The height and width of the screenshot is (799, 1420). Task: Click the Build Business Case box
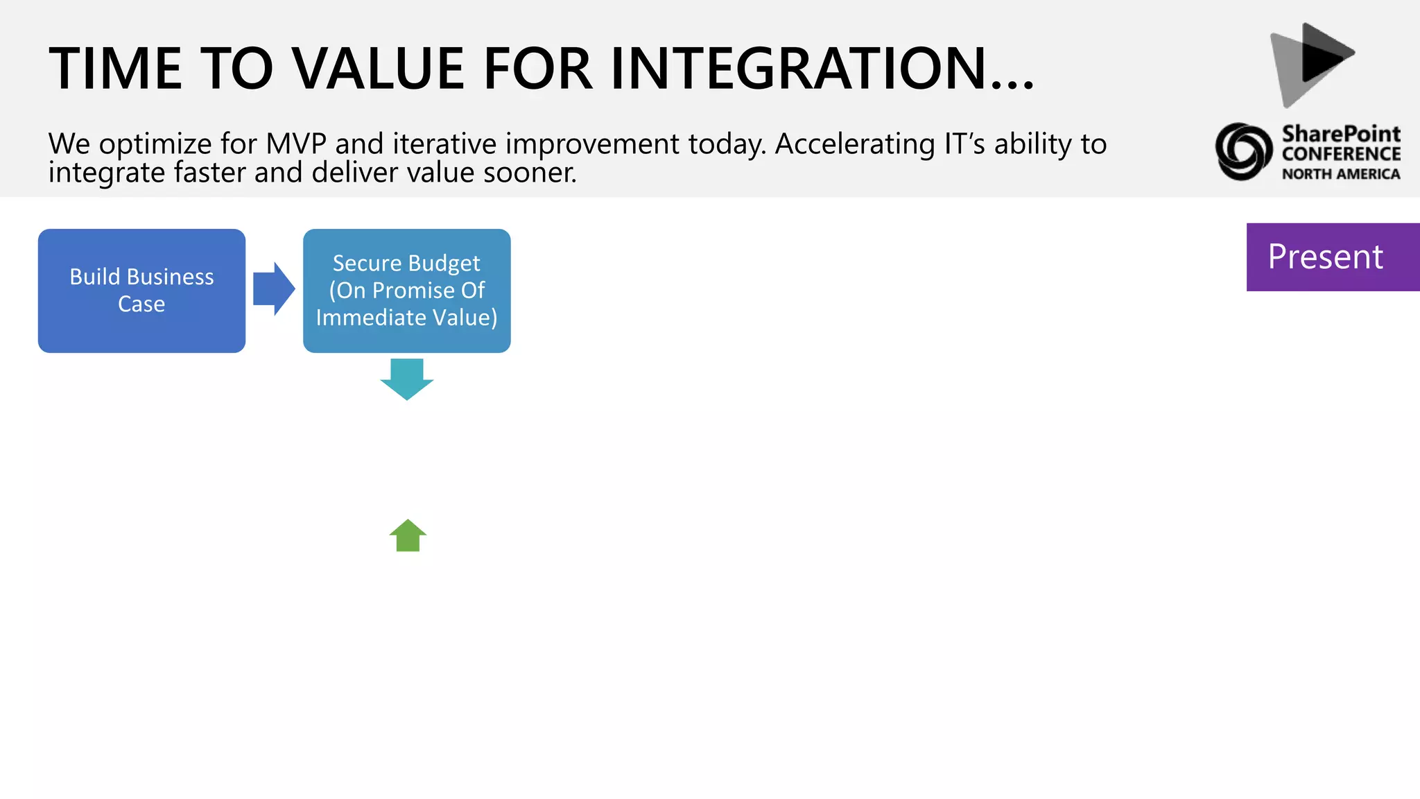(x=141, y=291)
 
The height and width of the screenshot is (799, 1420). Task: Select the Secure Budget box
(x=406, y=291)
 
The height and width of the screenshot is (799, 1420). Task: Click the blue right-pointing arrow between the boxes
(x=273, y=289)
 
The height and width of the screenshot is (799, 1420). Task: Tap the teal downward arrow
(x=407, y=378)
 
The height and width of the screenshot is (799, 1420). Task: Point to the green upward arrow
(x=408, y=536)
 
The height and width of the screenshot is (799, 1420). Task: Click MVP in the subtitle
(x=296, y=144)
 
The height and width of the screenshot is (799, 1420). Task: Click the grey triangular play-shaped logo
(x=1310, y=64)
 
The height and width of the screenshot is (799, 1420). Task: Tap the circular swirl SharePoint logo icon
(x=1243, y=151)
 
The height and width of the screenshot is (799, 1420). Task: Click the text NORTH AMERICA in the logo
(x=1340, y=174)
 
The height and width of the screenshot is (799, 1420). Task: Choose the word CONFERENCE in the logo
(x=1340, y=154)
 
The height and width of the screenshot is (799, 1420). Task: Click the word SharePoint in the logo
(x=1340, y=133)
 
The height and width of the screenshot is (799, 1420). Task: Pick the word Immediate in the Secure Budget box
(x=370, y=318)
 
